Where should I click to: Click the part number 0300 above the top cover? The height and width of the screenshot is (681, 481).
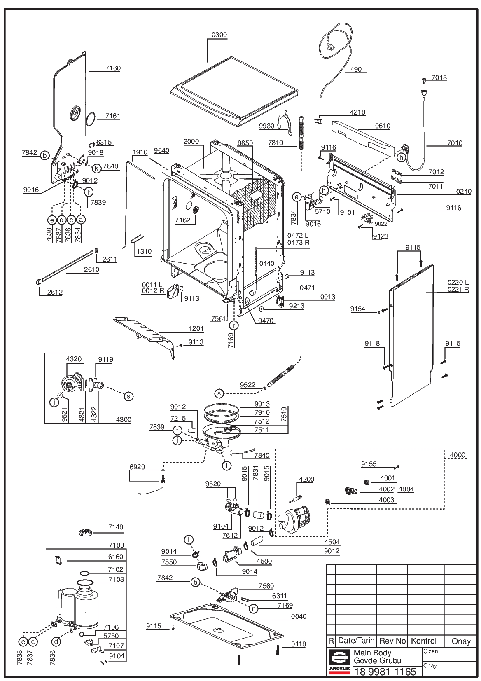pos(219,35)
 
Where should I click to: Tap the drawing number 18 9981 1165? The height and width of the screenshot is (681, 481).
pos(385,671)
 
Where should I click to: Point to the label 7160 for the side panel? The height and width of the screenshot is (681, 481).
pos(113,68)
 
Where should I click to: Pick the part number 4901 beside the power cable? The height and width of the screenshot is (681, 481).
pos(358,69)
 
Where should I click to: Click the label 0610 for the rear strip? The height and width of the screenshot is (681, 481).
pos(383,126)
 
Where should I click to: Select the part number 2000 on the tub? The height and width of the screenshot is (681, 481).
pos(191,141)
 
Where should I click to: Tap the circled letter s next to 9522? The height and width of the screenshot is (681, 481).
pos(219,393)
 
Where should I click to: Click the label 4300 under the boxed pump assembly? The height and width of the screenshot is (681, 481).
pos(124,419)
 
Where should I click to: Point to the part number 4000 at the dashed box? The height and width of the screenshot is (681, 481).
pos(458,455)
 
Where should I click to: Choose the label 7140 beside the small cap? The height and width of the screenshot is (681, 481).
pos(116,527)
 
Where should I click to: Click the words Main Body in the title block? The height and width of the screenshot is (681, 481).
pos(373,653)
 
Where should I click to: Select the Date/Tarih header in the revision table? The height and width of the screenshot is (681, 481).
pos(356,641)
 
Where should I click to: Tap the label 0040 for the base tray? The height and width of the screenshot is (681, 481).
pos(299,616)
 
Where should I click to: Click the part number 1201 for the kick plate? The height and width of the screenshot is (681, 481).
pos(196,328)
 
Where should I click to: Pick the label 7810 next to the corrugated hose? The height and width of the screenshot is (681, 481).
pos(276,143)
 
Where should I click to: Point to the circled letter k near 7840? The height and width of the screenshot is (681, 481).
pos(96,168)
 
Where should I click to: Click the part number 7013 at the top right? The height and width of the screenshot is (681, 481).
pos(439,77)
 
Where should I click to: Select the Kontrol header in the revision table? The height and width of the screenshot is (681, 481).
pos(424,641)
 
